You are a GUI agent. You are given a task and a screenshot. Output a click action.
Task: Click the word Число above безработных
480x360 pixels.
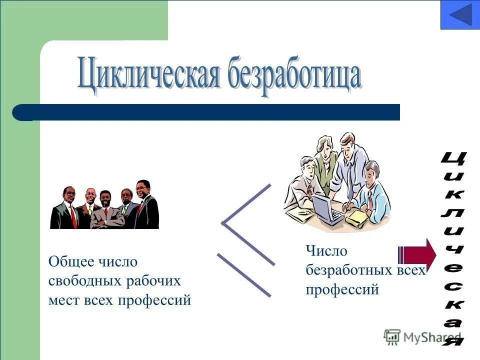click(x=326, y=251)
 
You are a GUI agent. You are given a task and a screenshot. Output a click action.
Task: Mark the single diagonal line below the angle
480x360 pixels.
click(x=244, y=275)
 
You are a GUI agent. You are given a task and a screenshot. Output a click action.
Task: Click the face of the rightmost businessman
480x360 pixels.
click(x=142, y=189)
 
